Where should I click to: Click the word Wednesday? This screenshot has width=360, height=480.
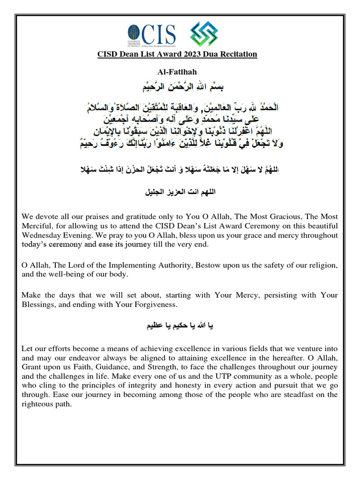click(x=44, y=235)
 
